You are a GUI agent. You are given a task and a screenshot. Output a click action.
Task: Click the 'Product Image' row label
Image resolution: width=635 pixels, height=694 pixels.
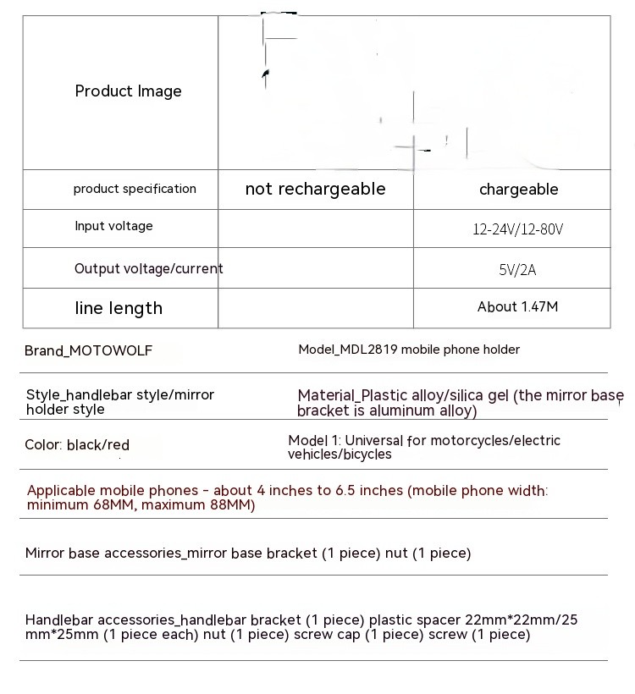[x=128, y=91]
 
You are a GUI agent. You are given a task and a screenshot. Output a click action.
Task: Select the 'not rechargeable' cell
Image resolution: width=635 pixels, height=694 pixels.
[x=315, y=189]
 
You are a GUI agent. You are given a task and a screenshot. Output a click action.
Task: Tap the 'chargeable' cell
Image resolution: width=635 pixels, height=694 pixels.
[x=518, y=190]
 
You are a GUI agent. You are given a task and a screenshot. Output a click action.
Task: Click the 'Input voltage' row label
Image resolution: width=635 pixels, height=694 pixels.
[x=113, y=226]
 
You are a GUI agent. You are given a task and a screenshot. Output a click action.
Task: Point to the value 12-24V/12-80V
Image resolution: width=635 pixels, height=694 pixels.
[x=518, y=229]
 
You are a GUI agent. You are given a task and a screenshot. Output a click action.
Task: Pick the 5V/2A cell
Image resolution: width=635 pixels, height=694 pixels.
[x=517, y=270]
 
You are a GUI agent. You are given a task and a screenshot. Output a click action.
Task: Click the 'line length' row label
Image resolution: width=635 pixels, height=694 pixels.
[x=119, y=308]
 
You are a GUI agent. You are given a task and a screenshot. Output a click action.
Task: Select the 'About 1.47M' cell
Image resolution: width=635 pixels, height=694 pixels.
[x=517, y=307]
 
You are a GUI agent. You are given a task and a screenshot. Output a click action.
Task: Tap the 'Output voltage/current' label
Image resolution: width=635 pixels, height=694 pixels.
[x=148, y=268]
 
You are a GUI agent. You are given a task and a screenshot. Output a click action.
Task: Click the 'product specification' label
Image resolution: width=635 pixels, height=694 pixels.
[x=135, y=189]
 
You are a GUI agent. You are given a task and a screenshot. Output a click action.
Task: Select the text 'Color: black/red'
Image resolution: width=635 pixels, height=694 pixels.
[x=77, y=444]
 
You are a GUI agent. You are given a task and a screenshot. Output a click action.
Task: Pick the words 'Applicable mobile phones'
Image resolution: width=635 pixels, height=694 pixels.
[x=108, y=491]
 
